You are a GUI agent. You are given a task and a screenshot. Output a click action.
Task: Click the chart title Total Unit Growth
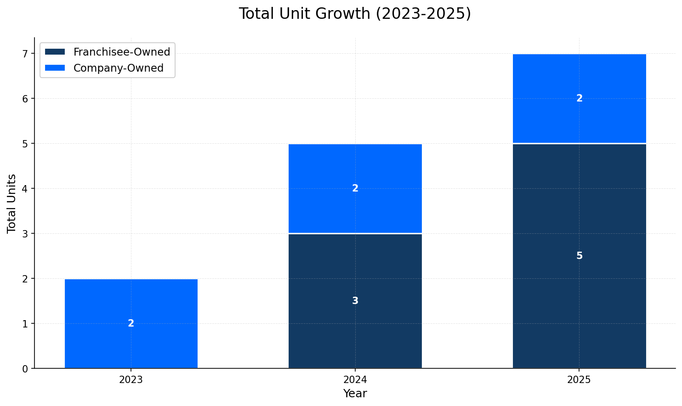(355, 14)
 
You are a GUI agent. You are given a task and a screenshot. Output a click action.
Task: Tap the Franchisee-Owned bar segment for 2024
(355, 276)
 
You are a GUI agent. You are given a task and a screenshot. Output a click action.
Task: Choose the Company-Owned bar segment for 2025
(579, 78)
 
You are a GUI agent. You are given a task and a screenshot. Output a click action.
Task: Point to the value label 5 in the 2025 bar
(579, 256)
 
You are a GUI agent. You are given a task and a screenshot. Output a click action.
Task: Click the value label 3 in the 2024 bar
(355, 301)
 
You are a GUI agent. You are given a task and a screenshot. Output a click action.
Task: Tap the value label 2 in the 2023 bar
(131, 323)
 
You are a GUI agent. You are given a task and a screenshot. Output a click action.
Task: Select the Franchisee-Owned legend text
(122, 52)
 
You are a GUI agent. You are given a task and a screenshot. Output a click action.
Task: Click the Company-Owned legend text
(119, 68)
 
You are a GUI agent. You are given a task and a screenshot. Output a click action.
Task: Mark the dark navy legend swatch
(55, 52)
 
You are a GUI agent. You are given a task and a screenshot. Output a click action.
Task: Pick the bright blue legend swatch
(55, 68)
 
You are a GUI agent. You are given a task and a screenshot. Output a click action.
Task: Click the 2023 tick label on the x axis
(131, 380)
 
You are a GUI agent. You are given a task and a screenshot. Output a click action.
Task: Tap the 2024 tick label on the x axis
(355, 380)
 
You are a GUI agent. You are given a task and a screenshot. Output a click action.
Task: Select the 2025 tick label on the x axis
(579, 380)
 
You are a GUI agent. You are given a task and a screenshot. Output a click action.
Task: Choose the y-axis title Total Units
(12, 203)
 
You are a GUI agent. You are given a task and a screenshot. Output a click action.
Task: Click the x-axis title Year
(355, 394)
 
